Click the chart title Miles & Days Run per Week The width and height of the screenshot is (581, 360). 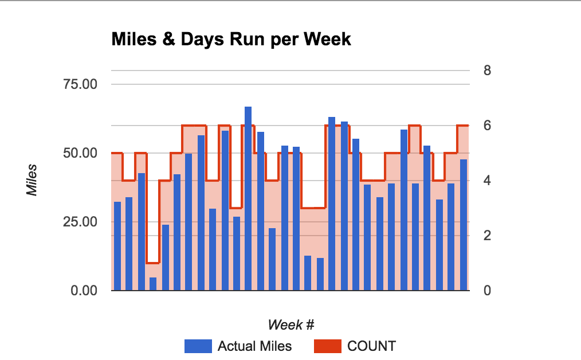point(230,40)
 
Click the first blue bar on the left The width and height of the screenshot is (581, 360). point(117,246)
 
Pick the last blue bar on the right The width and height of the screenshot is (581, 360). point(464,225)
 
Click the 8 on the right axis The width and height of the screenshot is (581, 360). point(487,71)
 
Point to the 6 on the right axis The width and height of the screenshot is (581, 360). point(487,126)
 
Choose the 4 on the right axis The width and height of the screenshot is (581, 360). point(487,181)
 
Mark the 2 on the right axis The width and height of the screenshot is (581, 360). point(487,236)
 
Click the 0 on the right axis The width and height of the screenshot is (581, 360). point(487,291)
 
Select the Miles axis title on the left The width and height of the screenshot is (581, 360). point(33,180)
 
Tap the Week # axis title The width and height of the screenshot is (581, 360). point(290,325)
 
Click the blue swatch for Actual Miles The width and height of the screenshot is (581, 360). point(198,346)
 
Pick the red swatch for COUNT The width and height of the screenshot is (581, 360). point(328,346)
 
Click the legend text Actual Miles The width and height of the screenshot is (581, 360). point(254,346)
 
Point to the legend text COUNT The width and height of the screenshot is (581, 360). point(371,346)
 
